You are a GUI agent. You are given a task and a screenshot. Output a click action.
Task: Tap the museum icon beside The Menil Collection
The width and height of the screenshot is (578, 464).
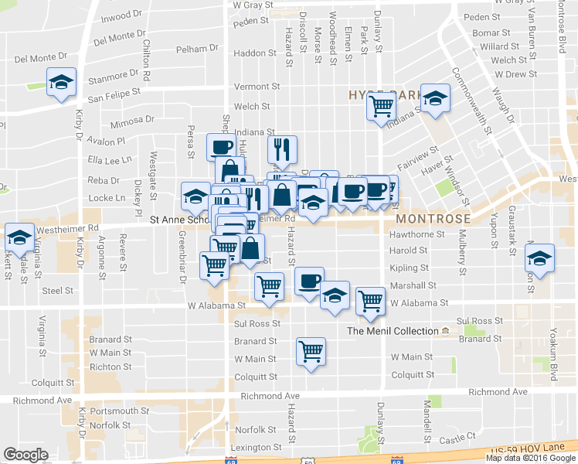tap(445, 331)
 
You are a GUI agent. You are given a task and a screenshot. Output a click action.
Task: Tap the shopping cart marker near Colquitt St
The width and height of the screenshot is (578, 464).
tap(311, 352)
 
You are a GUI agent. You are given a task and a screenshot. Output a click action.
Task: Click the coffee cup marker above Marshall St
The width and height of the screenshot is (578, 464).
tap(310, 281)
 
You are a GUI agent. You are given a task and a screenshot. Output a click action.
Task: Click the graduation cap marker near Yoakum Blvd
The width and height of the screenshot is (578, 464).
tap(540, 257)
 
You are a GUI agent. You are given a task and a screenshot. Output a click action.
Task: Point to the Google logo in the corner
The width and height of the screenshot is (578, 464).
tap(26, 455)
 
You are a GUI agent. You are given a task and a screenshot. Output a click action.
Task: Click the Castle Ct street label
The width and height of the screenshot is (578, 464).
tap(456, 438)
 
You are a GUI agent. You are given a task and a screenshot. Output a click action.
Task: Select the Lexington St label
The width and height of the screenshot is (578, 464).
tap(256, 448)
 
